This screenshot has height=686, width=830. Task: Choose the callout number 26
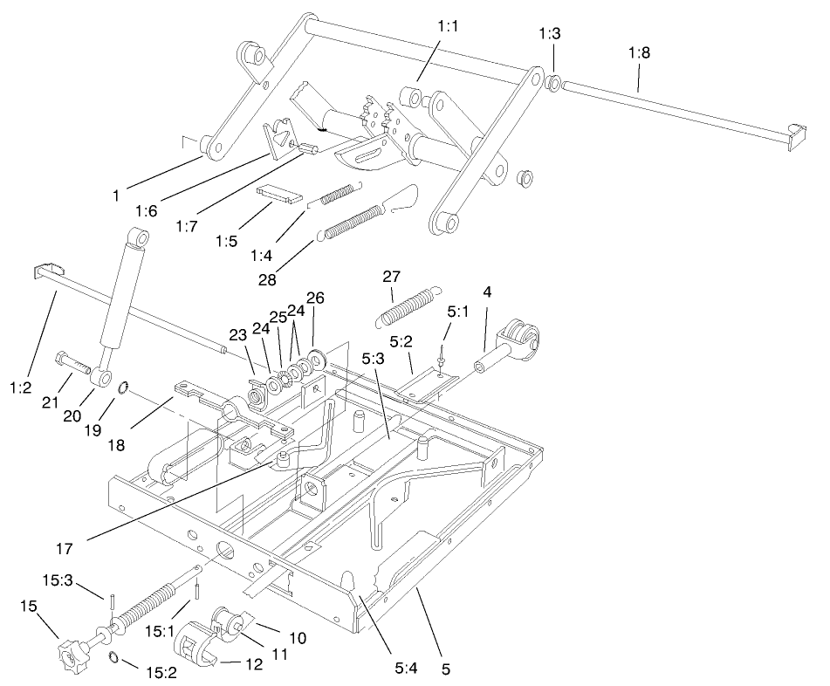pos(315,298)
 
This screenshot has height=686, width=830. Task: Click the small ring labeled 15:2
pos(113,656)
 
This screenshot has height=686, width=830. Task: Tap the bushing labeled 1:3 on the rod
pos(552,84)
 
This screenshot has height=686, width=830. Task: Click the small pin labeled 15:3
pos(113,599)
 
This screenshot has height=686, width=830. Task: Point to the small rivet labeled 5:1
pos(443,353)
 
